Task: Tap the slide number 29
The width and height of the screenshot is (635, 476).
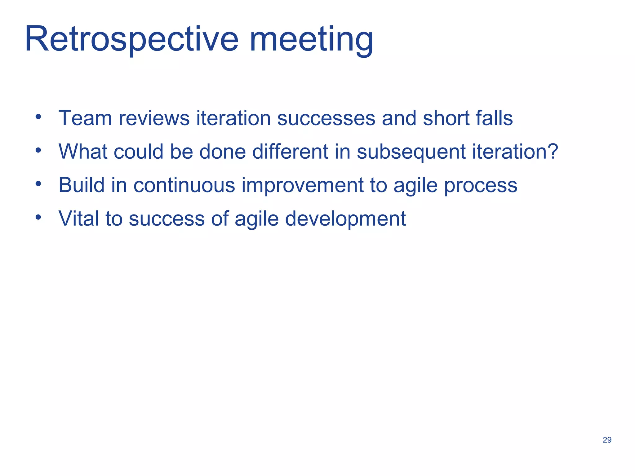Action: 607,440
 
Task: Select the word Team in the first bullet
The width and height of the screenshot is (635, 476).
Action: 85,118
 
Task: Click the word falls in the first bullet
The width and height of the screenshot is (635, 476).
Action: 494,118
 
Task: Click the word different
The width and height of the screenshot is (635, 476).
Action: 290,152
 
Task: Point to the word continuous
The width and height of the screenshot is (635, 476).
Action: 184,185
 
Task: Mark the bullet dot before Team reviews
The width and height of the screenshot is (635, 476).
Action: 38,117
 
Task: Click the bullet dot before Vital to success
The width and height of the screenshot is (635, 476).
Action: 38,217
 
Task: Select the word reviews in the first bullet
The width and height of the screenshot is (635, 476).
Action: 154,118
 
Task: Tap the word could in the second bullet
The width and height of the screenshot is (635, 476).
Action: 139,152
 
